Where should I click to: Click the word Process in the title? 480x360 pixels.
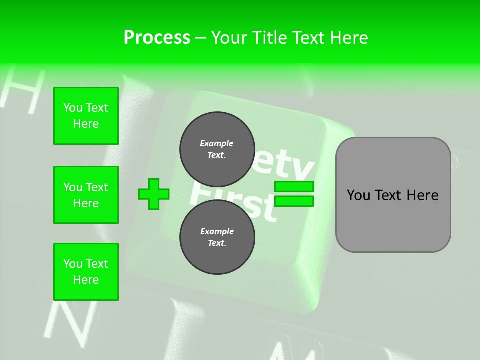(x=157, y=38)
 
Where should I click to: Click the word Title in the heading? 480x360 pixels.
(x=270, y=38)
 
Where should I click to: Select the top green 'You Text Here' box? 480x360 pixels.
(x=86, y=116)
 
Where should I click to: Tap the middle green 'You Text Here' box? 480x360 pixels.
(x=86, y=195)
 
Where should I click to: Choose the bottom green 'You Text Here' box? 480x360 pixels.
(x=86, y=272)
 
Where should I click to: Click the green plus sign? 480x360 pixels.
(x=154, y=194)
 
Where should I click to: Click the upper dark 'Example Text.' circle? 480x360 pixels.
(x=217, y=149)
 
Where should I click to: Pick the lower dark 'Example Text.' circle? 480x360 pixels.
(x=217, y=237)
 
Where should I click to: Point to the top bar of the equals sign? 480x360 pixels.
(x=294, y=186)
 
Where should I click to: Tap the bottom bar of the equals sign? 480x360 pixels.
(x=294, y=201)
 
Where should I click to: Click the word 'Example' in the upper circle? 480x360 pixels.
(x=217, y=143)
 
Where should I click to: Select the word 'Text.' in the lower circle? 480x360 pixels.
(x=217, y=243)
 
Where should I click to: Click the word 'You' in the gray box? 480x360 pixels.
(x=358, y=195)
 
